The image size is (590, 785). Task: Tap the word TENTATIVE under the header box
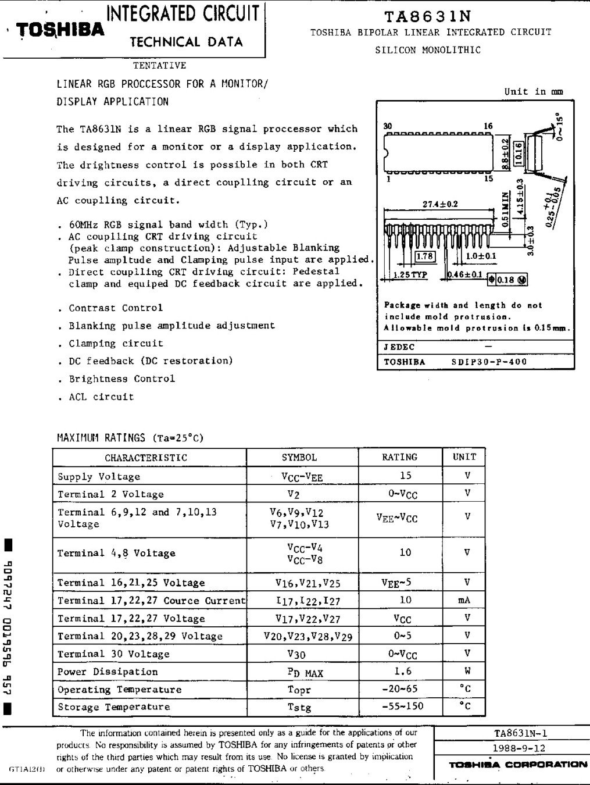[x=159, y=66]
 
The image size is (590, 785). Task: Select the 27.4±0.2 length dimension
[x=440, y=204]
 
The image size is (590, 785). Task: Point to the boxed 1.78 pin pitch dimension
[x=426, y=256]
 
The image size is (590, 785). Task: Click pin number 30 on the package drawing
[x=388, y=126]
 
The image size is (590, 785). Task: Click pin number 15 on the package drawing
[x=489, y=179]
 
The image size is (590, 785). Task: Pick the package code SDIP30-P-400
[x=489, y=362]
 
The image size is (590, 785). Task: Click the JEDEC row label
[x=399, y=347]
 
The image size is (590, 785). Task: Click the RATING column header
[x=399, y=458]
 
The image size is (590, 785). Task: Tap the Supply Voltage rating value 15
[x=405, y=476]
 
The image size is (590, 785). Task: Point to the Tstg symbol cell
[x=299, y=708]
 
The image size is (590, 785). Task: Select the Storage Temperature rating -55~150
[x=403, y=706]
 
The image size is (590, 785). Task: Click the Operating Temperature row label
[x=120, y=690]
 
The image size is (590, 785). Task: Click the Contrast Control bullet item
[x=116, y=308]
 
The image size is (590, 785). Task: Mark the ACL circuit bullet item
[x=101, y=397]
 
